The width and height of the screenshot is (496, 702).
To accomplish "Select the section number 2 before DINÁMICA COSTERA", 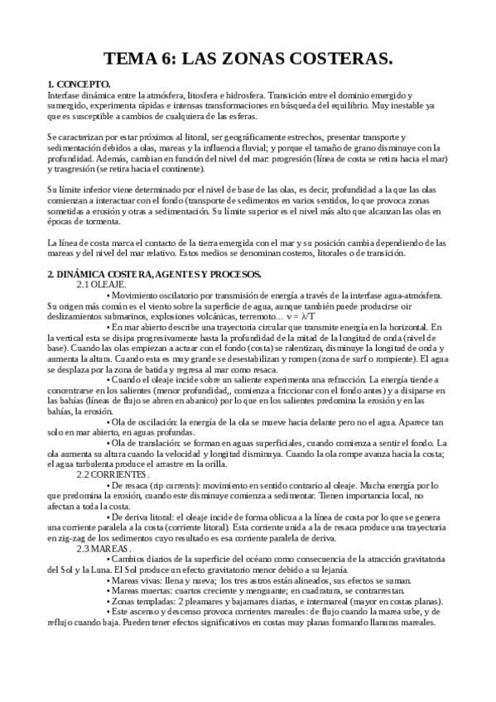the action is pyautogui.click(x=51, y=274).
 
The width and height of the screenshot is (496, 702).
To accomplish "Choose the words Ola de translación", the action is pyautogui.click(x=147, y=443).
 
